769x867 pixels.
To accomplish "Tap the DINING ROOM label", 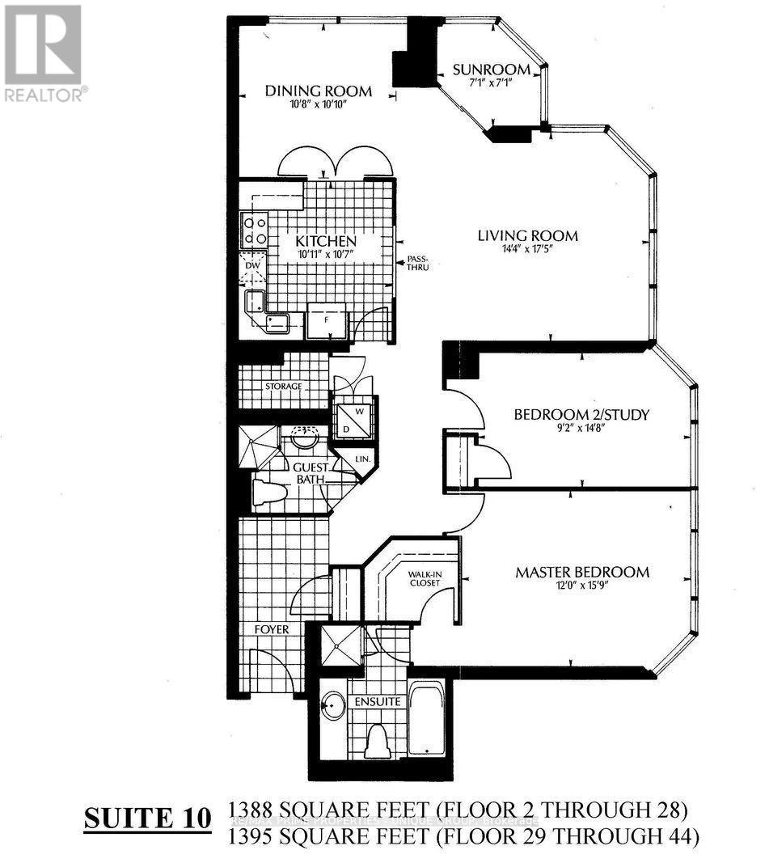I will [x=319, y=91].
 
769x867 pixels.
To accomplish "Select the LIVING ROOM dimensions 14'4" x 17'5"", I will [x=527, y=250].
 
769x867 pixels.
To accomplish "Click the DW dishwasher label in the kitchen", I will [x=251, y=264].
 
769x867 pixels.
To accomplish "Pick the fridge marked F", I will [x=326, y=320].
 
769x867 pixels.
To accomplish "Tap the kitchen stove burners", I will [x=256, y=230].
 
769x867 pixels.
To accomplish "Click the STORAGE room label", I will [x=283, y=386].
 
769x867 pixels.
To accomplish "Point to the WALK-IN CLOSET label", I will [x=424, y=577].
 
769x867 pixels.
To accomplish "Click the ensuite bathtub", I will [x=425, y=719].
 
